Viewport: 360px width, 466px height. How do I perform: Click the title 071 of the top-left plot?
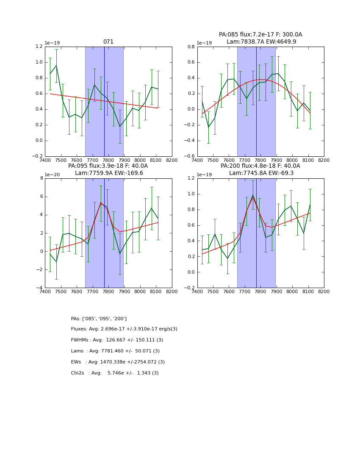[x=108, y=42]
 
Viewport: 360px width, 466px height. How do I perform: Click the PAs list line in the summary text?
[x=99, y=319]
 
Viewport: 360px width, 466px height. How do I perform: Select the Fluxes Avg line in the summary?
[x=124, y=329]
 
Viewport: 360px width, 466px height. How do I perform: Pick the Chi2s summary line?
[x=115, y=373]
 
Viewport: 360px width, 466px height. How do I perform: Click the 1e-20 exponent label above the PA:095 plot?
[x=52, y=175]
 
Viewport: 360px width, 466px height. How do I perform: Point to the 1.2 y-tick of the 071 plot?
[x=39, y=47]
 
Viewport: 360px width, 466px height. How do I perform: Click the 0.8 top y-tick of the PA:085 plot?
[x=191, y=47]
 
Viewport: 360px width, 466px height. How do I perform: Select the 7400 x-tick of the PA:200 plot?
[x=197, y=291]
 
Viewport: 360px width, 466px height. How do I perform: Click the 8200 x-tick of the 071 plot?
[x=172, y=160]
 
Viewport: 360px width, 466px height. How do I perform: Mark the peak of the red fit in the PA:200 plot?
[x=253, y=197]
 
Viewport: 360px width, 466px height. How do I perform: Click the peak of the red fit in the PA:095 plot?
[x=101, y=202]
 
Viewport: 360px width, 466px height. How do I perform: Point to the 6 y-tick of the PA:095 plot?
[x=41, y=197]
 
